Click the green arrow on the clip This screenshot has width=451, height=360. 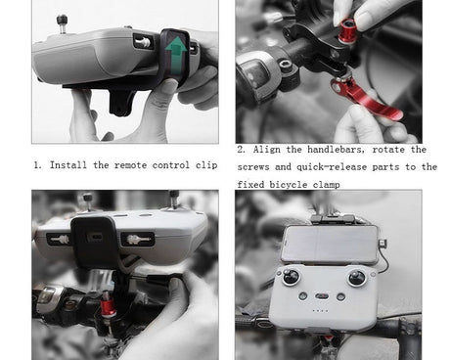click(x=176, y=54)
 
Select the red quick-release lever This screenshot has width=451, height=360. click(x=365, y=99)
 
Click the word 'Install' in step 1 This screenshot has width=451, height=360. click(x=68, y=165)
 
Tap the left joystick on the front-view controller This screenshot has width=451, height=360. click(x=291, y=278)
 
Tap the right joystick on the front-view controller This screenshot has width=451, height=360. click(x=357, y=278)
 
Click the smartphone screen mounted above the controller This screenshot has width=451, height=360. click(x=331, y=243)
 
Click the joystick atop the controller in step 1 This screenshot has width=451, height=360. click(x=63, y=23)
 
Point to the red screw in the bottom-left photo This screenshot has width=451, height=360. click(x=108, y=305)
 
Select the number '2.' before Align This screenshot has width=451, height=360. click(x=241, y=150)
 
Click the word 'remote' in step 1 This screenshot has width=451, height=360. click(x=130, y=165)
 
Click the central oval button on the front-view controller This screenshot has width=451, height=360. click(x=322, y=296)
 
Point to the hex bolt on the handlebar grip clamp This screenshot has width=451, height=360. click(x=286, y=65)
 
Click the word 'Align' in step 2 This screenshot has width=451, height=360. click(x=266, y=150)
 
